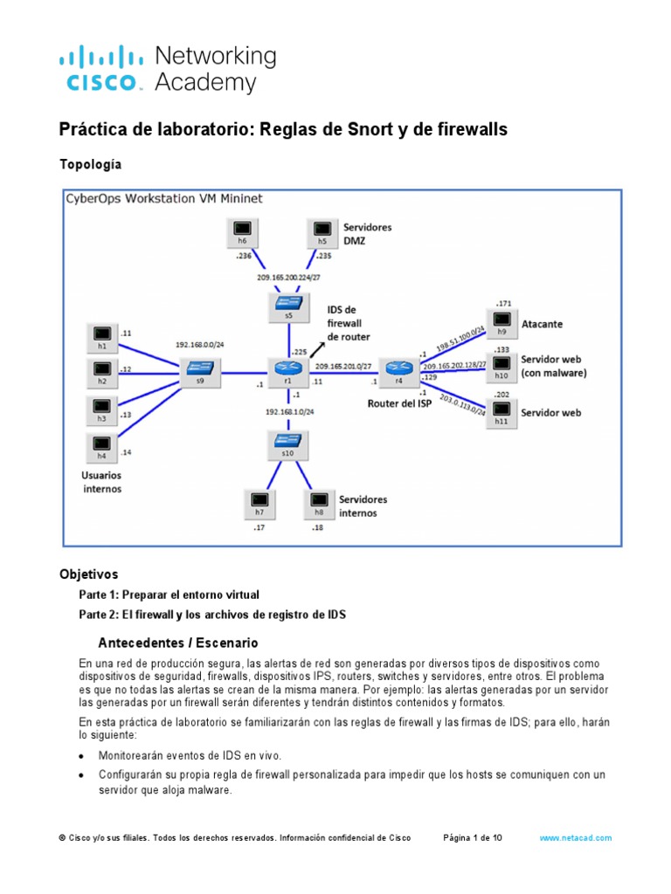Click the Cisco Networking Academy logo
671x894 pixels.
click(167, 70)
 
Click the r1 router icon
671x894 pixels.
click(288, 368)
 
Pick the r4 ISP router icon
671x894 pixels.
click(400, 368)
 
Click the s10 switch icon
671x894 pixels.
click(288, 444)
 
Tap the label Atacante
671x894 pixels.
click(542, 324)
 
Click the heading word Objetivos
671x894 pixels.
click(87, 574)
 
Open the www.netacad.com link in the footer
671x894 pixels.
click(576, 837)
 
